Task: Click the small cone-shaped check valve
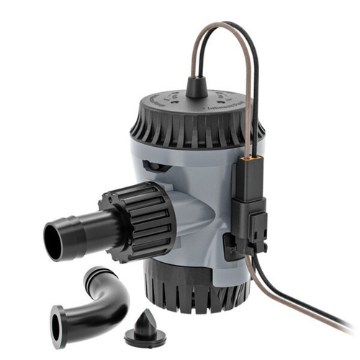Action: (145, 328)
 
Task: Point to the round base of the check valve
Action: (144, 336)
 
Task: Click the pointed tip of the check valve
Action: (145, 314)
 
